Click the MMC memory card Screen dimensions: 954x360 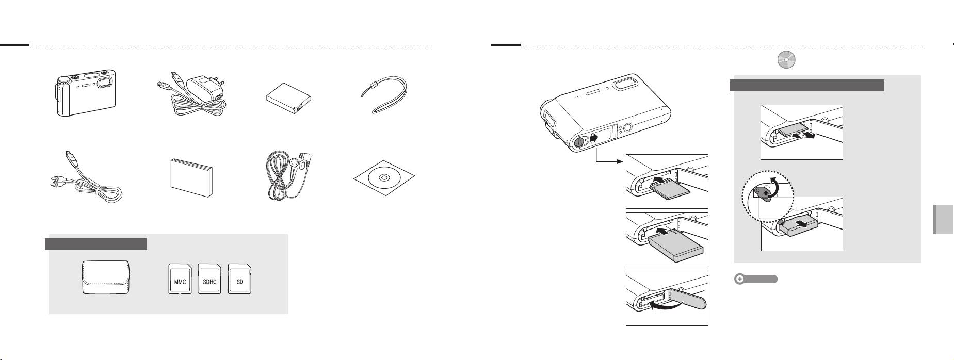[x=180, y=279]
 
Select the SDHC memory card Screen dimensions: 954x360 [x=210, y=279]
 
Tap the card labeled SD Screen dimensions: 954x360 [x=240, y=279]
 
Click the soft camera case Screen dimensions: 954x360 [x=106, y=278]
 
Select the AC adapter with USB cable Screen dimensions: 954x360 [x=192, y=99]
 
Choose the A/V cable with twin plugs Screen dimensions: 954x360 [x=86, y=178]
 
